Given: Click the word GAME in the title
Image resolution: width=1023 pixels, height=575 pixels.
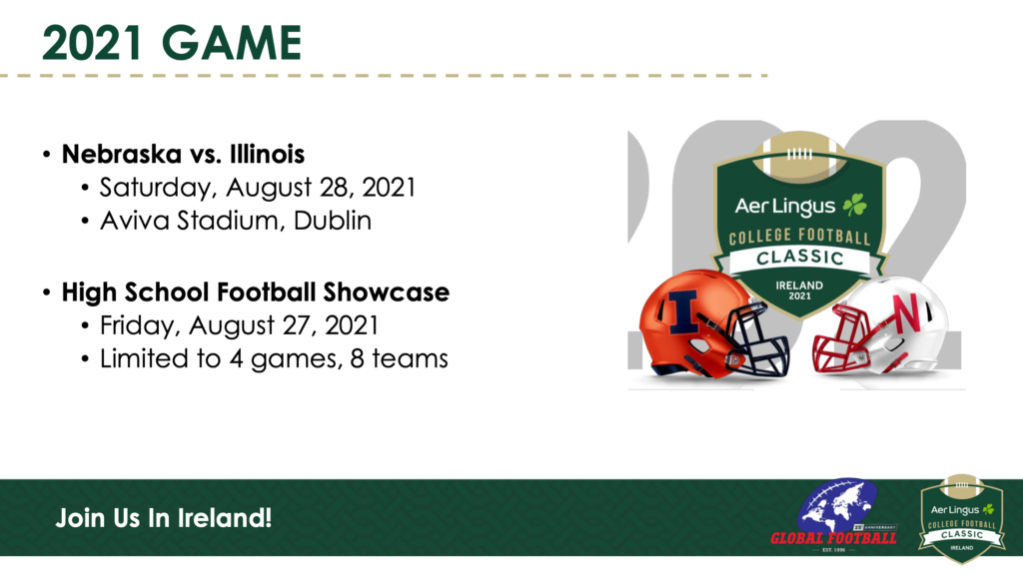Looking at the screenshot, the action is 232,43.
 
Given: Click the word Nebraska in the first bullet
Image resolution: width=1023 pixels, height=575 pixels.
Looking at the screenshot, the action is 121,154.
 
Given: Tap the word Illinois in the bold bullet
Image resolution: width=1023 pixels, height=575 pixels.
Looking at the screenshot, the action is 268,154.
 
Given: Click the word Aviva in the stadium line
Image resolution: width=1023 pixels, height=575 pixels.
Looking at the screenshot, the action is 135,221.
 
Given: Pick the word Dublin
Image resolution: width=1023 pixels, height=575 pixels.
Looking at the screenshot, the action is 332,221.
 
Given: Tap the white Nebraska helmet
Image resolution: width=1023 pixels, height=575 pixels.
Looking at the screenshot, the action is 881,326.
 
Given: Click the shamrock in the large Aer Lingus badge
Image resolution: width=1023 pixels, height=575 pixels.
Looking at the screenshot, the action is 855,206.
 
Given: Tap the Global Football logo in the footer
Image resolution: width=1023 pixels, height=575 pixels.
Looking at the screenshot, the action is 834,516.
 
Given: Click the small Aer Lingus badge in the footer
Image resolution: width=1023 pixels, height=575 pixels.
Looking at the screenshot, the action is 962,518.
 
